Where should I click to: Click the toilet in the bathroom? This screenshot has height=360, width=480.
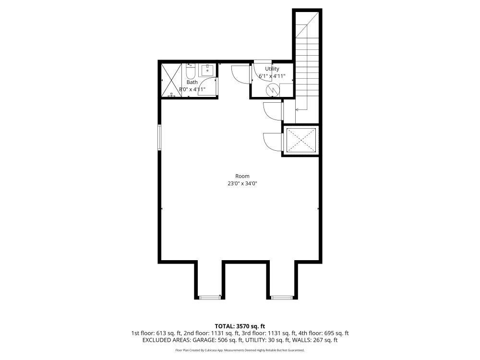pyautogui.click(x=191, y=72)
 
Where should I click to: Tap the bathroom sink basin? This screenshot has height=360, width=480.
pyautogui.click(x=207, y=70)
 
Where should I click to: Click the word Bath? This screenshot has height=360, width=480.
pyautogui.click(x=192, y=83)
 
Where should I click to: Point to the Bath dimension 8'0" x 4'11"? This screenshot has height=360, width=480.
pyautogui.click(x=192, y=89)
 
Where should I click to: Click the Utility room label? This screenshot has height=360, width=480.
pyautogui.click(x=272, y=69)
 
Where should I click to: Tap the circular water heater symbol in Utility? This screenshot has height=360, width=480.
pyautogui.click(x=272, y=89)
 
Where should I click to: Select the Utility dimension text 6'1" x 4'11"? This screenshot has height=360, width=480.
pyautogui.click(x=272, y=76)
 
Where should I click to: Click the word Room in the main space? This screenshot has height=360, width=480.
pyautogui.click(x=242, y=176)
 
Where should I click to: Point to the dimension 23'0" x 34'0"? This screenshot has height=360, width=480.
pyautogui.click(x=242, y=183)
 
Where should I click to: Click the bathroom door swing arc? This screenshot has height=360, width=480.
pyautogui.click(x=207, y=86)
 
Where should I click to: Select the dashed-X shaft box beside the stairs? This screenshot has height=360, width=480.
pyautogui.click(x=300, y=140)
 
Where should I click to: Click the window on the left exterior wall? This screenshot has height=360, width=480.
pyautogui.click(x=160, y=137)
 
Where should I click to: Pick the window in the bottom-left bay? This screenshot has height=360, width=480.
pyautogui.click(x=209, y=298)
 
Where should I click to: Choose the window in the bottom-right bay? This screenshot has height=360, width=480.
pyautogui.click(x=282, y=298)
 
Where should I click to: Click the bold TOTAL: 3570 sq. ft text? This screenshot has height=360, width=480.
pyautogui.click(x=240, y=326)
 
